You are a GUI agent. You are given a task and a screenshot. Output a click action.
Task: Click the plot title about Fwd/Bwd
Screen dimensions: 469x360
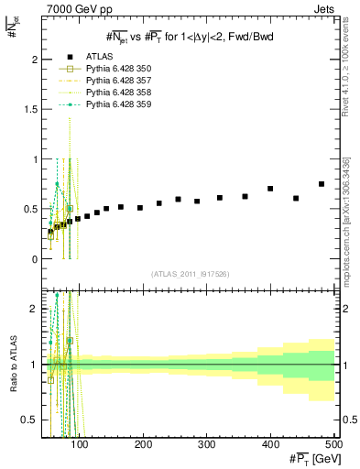click(189, 36)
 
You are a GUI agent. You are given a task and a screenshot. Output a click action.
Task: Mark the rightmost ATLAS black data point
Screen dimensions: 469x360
click(322, 184)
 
